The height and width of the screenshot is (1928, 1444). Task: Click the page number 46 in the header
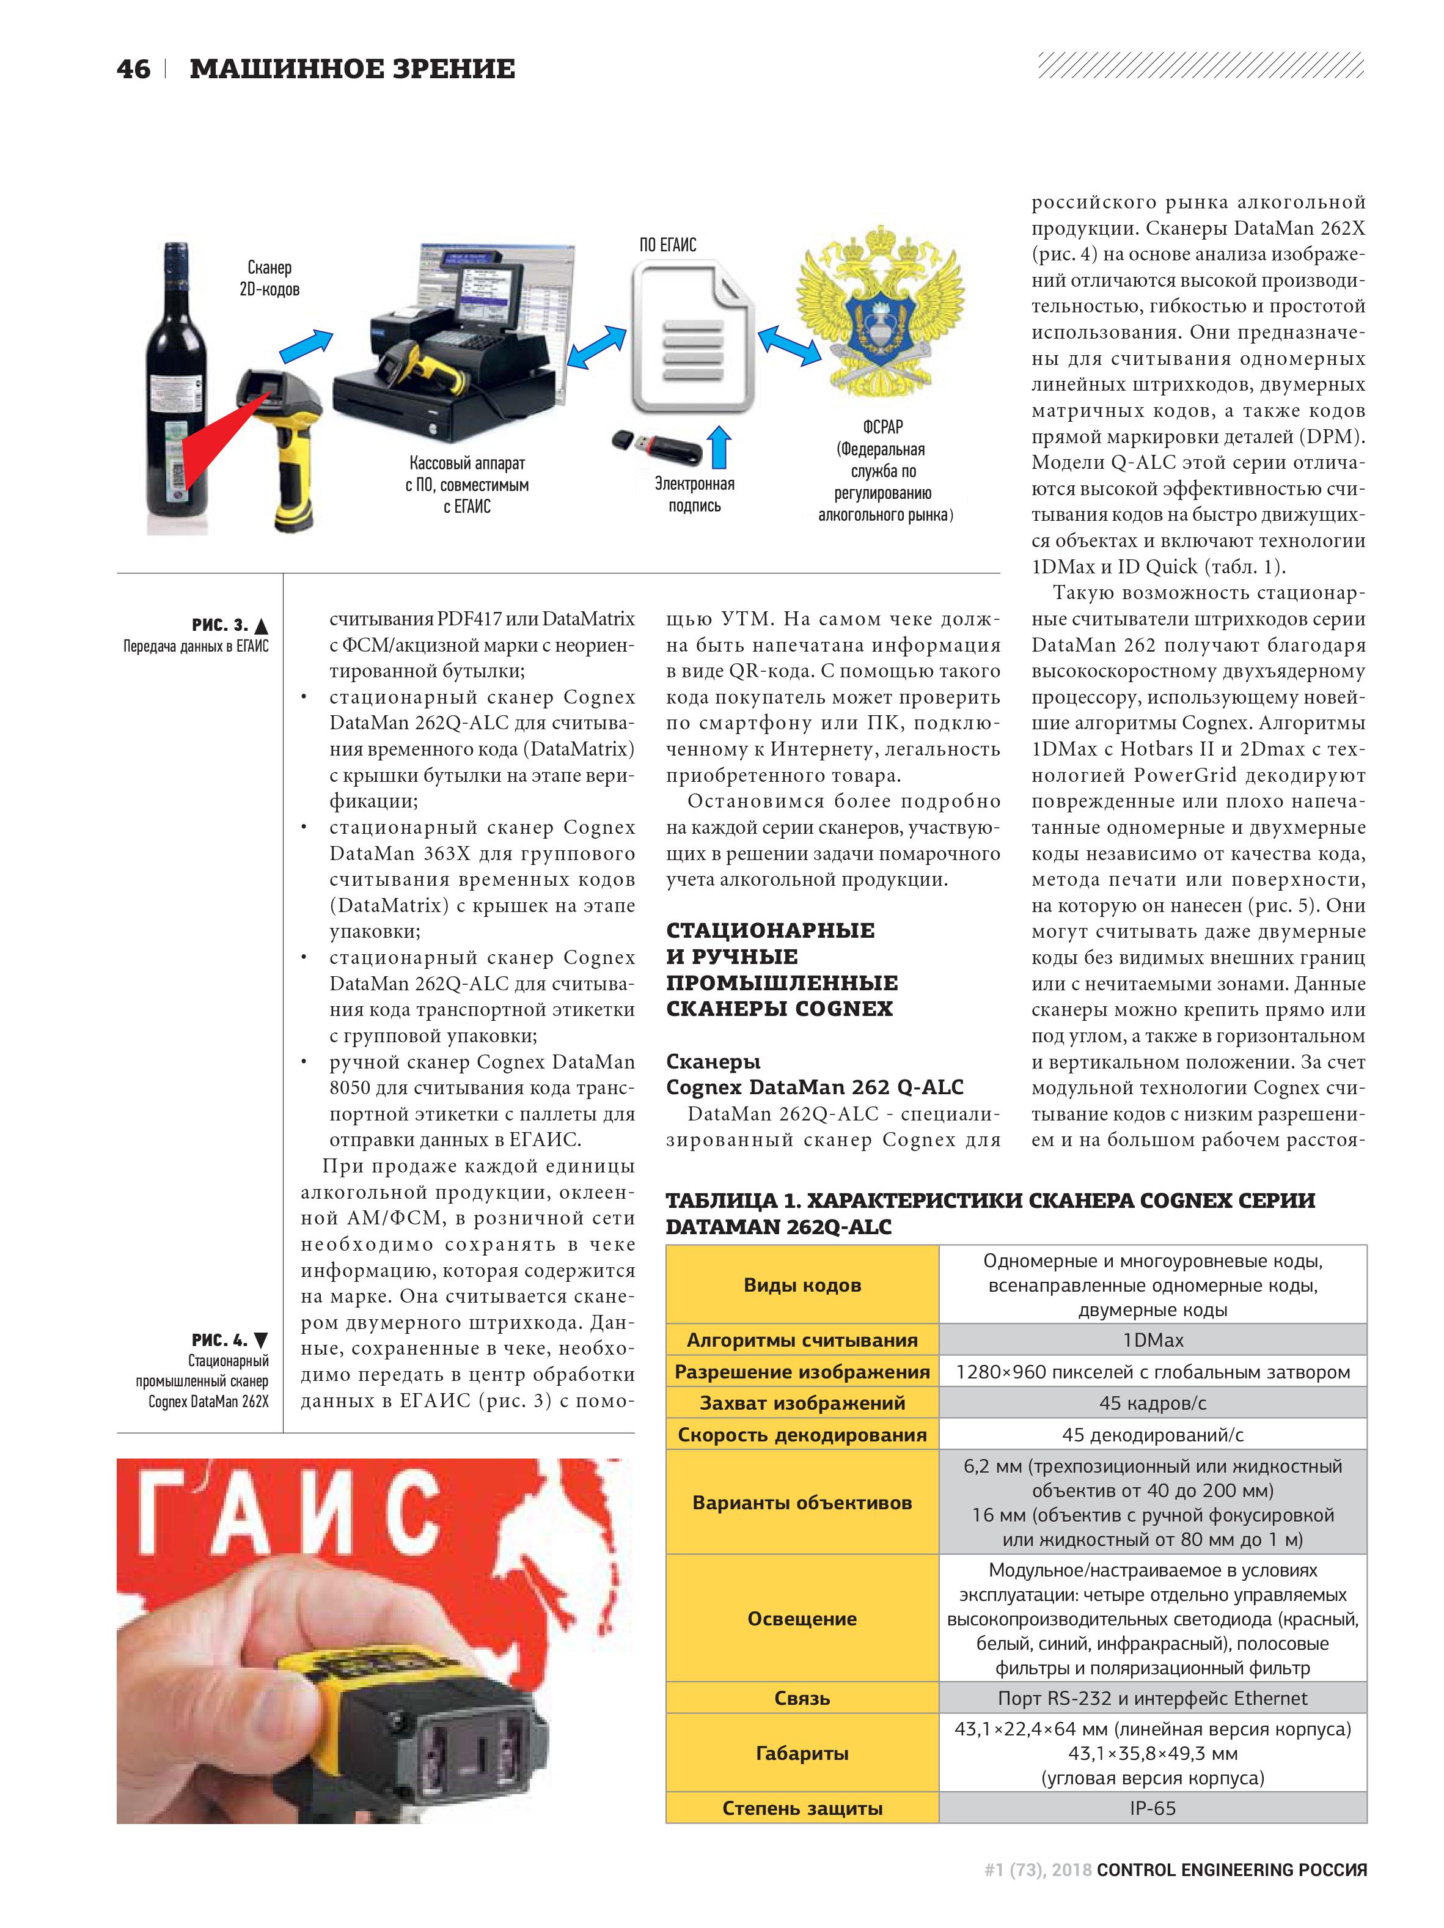pyautogui.click(x=133, y=69)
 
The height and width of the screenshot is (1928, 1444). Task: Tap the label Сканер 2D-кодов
pyautogui.click(x=269, y=278)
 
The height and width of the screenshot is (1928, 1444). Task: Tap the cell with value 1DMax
pyautogui.click(x=1152, y=1340)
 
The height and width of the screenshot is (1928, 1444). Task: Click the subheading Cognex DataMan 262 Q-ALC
pyautogui.click(x=814, y=1087)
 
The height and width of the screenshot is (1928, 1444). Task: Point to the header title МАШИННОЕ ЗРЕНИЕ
pyautogui.click(x=352, y=69)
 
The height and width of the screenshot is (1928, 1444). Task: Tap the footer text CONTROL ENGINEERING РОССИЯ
pyautogui.click(x=1231, y=1869)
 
